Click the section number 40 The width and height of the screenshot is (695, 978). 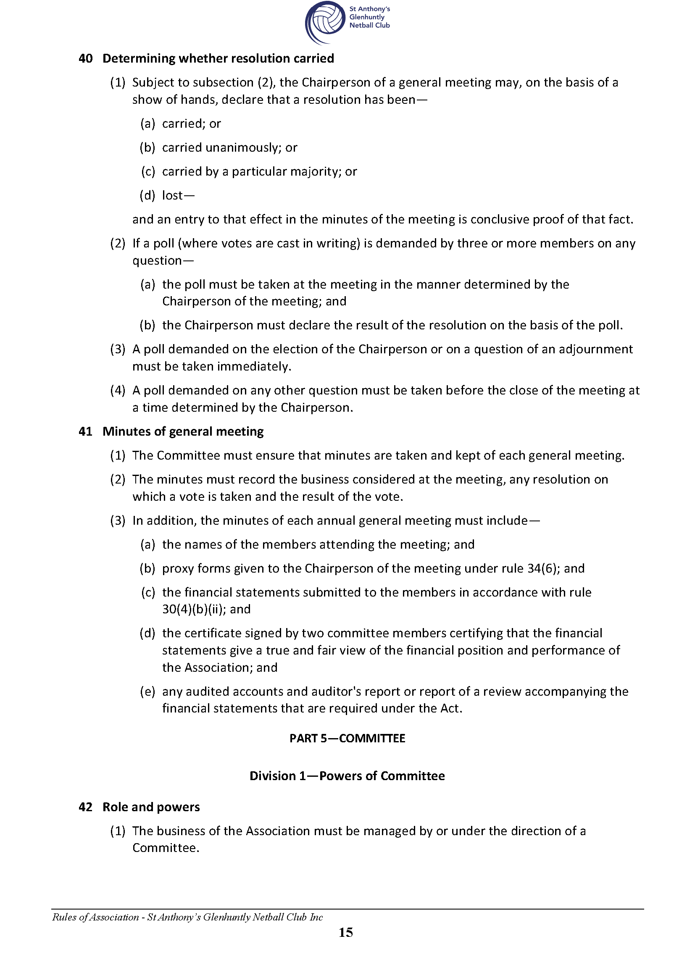(x=86, y=59)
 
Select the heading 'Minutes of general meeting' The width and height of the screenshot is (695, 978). (x=183, y=431)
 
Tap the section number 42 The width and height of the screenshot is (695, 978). (x=86, y=807)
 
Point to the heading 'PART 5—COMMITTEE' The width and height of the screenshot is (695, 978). (x=347, y=739)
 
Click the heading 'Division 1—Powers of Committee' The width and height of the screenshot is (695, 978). (x=347, y=776)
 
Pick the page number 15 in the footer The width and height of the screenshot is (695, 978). (x=346, y=932)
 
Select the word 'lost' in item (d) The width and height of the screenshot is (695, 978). (x=172, y=195)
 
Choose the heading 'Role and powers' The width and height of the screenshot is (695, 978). (x=151, y=807)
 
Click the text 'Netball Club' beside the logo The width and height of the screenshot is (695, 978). (x=369, y=25)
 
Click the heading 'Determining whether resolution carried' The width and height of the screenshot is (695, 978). (x=218, y=59)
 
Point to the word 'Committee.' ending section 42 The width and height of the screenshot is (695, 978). (x=166, y=848)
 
